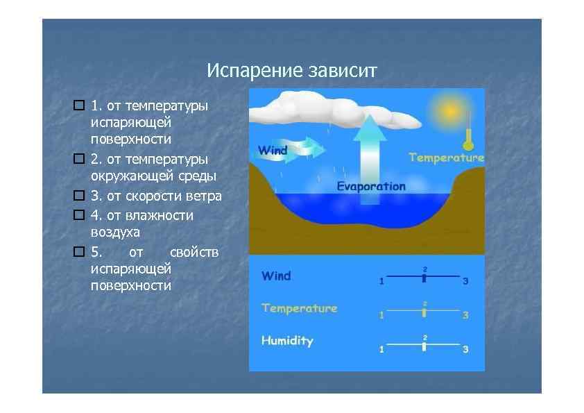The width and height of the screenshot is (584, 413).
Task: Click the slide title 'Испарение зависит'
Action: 291,71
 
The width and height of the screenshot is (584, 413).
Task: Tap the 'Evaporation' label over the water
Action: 371,186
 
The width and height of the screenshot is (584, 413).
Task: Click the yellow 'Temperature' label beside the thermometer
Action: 446,158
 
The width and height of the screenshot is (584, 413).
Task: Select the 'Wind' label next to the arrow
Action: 273,150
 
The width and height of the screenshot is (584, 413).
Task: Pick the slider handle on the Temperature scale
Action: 424,312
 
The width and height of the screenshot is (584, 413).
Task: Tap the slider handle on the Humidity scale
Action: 424,345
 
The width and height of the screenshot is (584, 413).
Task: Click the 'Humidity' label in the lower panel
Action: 287,341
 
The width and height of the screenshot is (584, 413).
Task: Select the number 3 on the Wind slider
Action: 465,281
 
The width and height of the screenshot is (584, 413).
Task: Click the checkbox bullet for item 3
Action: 78,196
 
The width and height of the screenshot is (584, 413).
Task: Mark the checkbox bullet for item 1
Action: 78,106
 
